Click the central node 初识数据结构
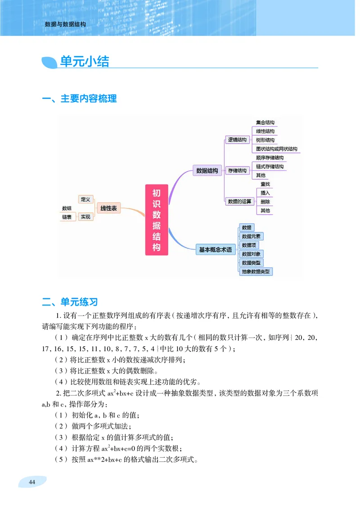[157, 220]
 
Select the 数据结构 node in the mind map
[207, 171]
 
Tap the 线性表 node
[108, 208]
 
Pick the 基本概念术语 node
[216, 249]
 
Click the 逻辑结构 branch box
[237, 140]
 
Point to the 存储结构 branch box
[237, 171]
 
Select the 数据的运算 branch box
[239, 201]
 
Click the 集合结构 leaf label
[265, 122]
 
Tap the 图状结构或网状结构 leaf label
[276, 149]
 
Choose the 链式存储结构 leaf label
[270, 167]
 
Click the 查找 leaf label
[265, 184]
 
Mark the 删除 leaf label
[265, 202]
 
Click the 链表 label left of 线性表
[67, 217]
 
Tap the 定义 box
[85, 199]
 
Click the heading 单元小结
[85, 62]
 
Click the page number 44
[31, 482]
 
